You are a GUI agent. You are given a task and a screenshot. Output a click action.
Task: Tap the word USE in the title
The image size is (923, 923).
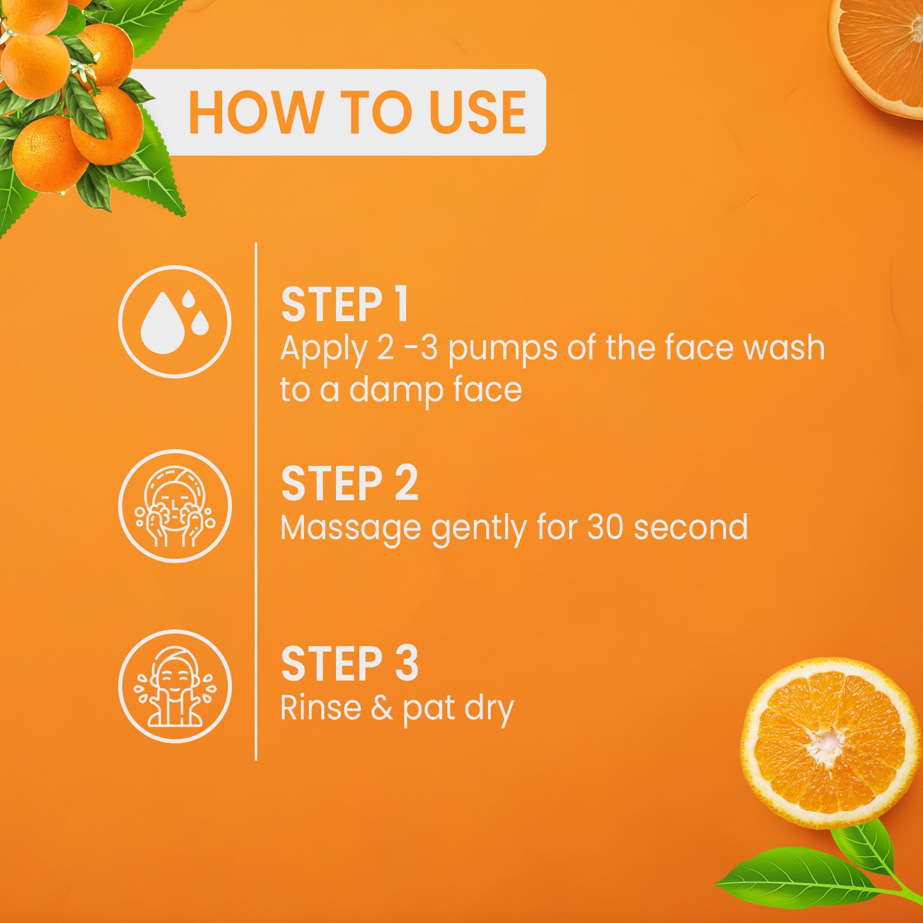[478, 113]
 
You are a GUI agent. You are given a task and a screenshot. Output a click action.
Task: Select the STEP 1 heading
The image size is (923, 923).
[344, 305]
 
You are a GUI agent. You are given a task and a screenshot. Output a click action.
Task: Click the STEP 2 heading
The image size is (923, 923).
[349, 484]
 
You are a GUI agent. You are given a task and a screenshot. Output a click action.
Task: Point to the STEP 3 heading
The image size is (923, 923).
[349, 664]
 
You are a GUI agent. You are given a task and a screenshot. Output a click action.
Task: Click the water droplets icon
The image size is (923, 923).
[174, 321]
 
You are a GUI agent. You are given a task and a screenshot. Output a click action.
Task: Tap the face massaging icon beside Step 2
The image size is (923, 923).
[174, 506]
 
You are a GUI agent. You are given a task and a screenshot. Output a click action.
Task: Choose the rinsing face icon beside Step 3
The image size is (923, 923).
[174, 686]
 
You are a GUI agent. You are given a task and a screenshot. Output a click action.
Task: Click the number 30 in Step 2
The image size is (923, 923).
[604, 528]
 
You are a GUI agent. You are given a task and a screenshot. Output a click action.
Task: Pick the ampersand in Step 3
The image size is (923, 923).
[381, 708]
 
